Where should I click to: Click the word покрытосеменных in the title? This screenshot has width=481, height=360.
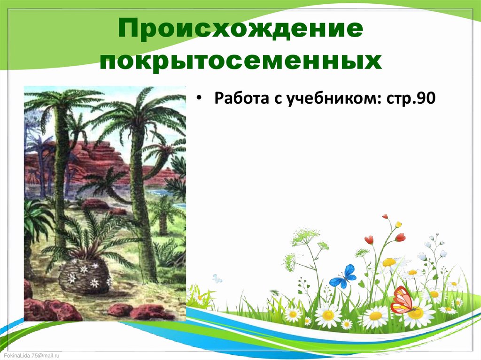click(240, 61)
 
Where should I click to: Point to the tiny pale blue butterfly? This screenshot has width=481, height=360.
click(217, 279)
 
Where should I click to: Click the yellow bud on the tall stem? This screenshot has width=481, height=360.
click(398, 225)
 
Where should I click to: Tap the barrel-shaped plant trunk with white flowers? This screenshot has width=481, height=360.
click(85, 277)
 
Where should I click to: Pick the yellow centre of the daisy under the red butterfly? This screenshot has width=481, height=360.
click(416, 314)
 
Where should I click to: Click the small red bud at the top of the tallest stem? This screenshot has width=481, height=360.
click(385, 217)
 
